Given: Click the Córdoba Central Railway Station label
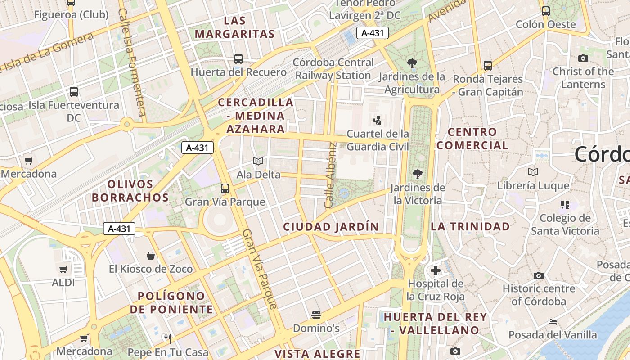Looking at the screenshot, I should [333, 69].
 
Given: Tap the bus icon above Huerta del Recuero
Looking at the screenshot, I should [238, 59].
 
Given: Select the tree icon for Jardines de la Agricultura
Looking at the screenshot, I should [412, 63].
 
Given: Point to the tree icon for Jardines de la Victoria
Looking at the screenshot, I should [418, 174].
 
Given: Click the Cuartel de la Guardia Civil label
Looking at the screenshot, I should [378, 140].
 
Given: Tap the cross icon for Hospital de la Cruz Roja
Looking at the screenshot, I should [435, 270].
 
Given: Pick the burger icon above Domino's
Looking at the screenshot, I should [316, 315].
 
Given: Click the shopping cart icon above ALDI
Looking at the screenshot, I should [63, 270].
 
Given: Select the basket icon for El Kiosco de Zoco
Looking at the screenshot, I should [151, 256].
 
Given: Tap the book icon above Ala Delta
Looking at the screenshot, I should [258, 161].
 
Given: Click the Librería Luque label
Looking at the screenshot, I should [533, 185].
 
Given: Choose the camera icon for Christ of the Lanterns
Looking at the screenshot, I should [583, 58].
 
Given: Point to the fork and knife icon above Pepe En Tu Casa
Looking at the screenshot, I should [168, 338].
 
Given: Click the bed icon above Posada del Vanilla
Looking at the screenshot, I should [553, 322].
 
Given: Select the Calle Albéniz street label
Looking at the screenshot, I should [331, 175].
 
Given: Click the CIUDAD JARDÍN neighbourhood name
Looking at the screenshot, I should [331, 227].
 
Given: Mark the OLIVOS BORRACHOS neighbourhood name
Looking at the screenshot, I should [130, 191].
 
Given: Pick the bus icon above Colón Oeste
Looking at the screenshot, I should [546, 11].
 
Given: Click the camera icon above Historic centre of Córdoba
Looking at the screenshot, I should [539, 275].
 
